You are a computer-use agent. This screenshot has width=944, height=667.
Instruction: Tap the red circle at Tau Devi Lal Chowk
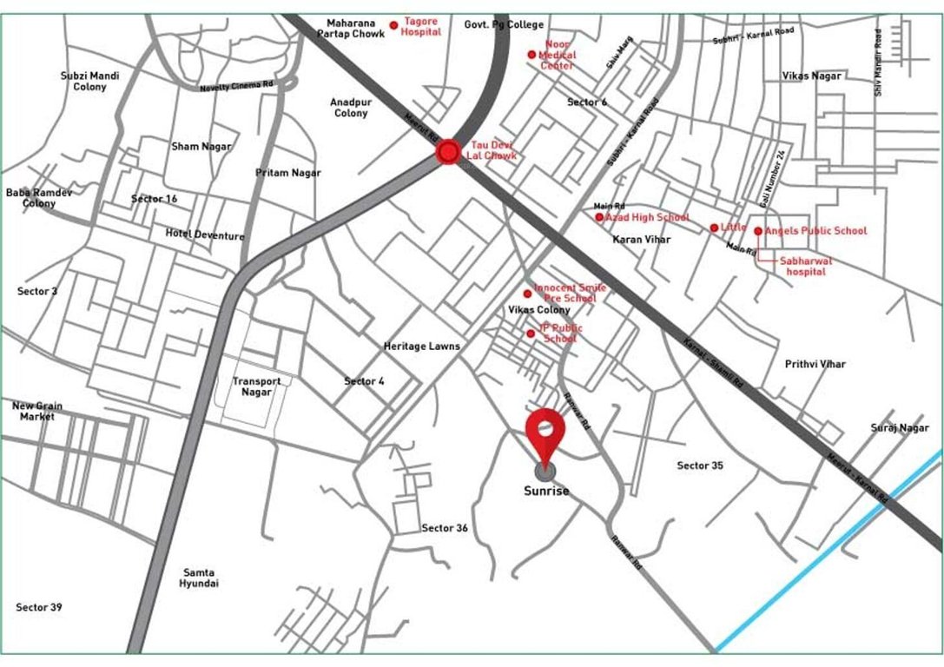pyautogui.click(x=448, y=154)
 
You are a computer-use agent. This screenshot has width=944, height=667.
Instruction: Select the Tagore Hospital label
pyautogui.click(x=421, y=27)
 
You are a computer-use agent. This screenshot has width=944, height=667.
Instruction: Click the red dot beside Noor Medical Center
pyautogui.click(x=531, y=55)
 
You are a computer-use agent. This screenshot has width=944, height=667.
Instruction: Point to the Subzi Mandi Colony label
pyautogui.click(x=90, y=81)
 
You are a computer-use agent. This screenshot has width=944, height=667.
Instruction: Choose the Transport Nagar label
pyautogui.click(x=256, y=386)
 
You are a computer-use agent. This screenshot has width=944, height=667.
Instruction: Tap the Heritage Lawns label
pyautogui.click(x=422, y=346)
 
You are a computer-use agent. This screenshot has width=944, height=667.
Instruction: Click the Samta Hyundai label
pyautogui.click(x=199, y=578)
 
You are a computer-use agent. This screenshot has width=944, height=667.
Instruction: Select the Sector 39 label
pyautogui.click(x=39, y=607)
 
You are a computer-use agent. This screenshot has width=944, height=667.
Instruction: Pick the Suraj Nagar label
pyautogui.click(x=900, y=428)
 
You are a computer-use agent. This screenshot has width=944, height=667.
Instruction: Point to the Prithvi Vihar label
pyautogui.click(x=815, y=364)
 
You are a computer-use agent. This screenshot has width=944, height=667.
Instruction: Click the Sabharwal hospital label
pyautogui.click(x=806, y=266)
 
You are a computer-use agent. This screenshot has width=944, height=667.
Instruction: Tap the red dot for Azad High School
pyautogui.click(x=599, y=217)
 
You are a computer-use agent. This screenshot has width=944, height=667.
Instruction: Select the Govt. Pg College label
pyautogui.click(x=504, y=25)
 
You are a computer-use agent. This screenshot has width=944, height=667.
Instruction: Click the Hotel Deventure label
pyautogui.click(x=205, y=235)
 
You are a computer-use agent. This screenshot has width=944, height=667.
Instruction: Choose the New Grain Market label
pyautogui.click(x=37, y=411)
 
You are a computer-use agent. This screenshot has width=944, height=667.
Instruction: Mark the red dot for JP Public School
pyautogui.click(x=531, y=333)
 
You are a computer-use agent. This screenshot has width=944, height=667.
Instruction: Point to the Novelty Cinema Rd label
pyautogui.click(x=236, y=87)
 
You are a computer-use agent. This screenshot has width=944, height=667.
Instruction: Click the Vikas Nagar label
pyautogui.click(x=812, y=76)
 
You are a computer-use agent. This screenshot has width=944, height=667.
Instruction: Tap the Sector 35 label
pyautogui.click(x=700, y=466)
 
